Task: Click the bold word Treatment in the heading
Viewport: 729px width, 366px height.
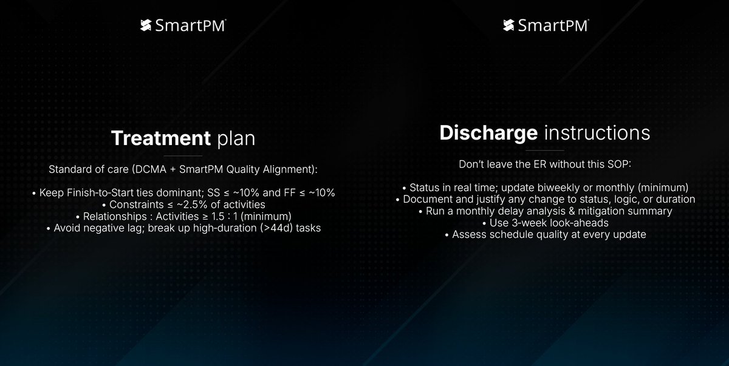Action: [x=160, y=139]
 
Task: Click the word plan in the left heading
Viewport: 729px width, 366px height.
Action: [x=236, y=139]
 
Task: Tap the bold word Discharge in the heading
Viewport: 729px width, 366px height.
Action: [x=489, y=133]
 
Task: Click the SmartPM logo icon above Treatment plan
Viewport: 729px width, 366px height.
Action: [x=145, y=25]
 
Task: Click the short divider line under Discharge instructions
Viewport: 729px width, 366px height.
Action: [x=545, y=151]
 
